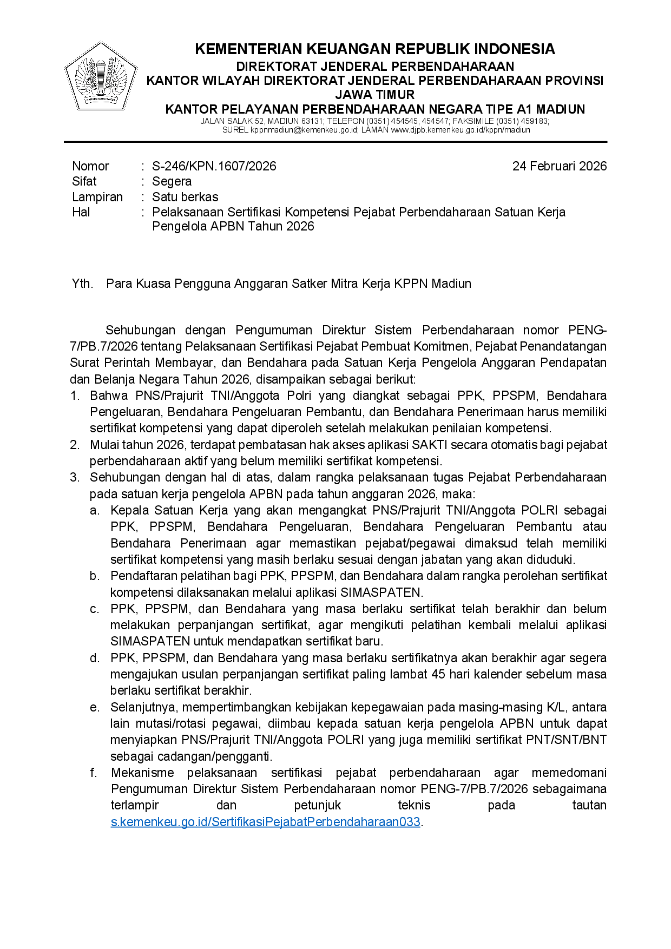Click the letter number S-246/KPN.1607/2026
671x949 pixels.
point(214,166)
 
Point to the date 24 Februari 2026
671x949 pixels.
point(559,166)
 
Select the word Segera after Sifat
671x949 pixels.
point(172,181)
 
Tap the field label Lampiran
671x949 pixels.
point(97,197)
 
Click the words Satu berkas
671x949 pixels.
point(185,197)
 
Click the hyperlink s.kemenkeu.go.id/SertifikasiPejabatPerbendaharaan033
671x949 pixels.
point(265,822)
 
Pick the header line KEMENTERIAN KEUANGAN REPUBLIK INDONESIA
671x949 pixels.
point(374,49)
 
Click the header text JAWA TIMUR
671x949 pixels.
point(374,95)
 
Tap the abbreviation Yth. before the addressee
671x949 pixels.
point(82,284)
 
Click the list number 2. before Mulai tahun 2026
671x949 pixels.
point(75,445)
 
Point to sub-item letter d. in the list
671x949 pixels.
point(95,658)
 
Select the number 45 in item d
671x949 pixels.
point(439,674)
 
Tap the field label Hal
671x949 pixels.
point(81,212)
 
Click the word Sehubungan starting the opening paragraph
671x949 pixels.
point(141,330)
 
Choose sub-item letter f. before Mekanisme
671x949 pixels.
point(94,773)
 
